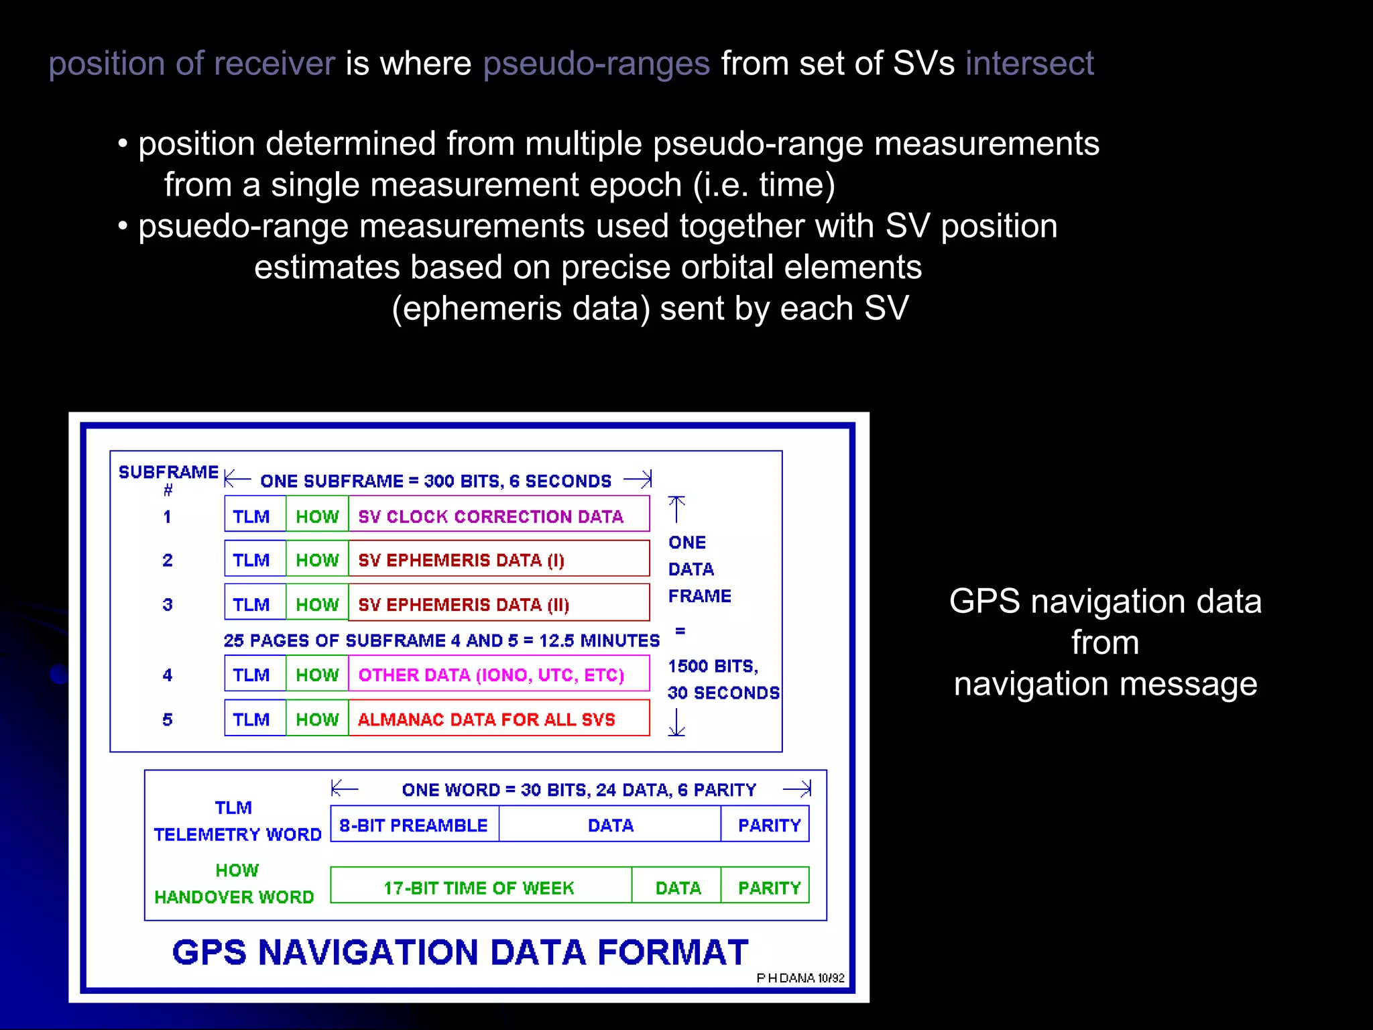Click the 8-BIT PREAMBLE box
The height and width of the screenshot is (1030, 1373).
tap(414, 824)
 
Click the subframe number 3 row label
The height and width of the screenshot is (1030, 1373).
tap(168, 604)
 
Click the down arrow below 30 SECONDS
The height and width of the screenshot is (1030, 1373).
tap(676, 723)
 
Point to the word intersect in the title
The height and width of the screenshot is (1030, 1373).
tap(1029, 64)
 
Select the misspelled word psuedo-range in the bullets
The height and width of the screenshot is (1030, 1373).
tap(243, 227)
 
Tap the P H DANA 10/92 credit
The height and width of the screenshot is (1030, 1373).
tap(800, 978)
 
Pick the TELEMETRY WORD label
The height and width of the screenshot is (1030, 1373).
tap(238, 834)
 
